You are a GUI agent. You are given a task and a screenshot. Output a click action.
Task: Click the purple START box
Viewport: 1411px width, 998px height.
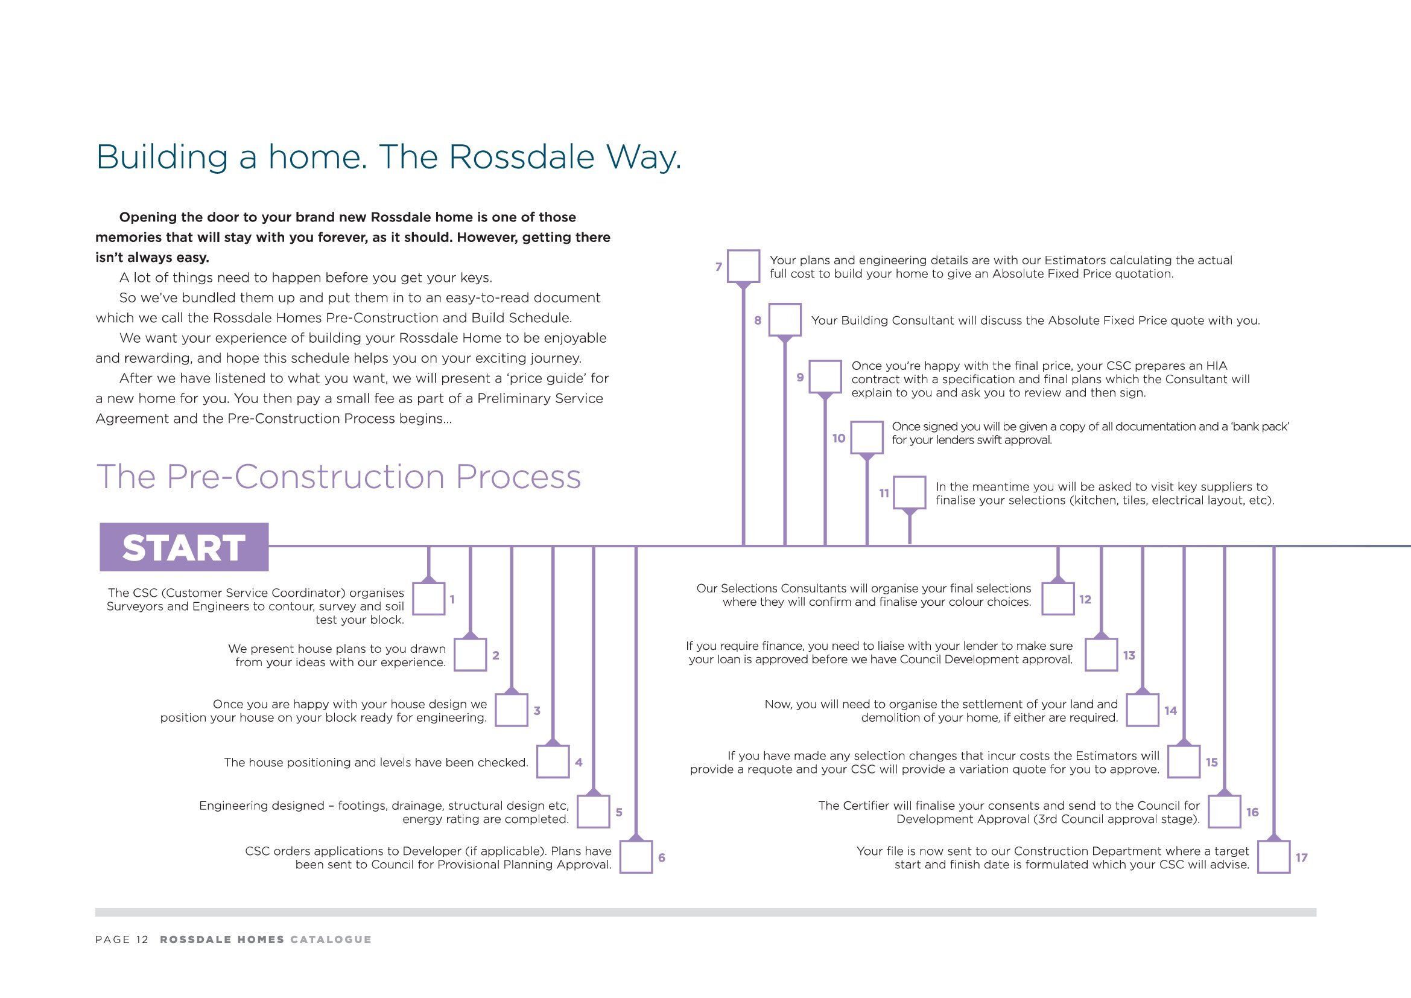[184, 547]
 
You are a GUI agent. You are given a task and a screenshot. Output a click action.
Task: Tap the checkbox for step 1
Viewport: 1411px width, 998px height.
[428, 599]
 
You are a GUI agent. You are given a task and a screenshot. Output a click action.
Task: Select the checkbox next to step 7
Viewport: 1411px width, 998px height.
[743, 266]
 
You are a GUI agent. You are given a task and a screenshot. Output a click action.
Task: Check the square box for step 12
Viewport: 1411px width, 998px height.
[1057, 599]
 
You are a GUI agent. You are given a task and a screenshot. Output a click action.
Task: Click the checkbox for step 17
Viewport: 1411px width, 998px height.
[1273, 857]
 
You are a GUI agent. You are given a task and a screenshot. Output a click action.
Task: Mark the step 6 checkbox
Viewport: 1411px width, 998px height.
[635, 857]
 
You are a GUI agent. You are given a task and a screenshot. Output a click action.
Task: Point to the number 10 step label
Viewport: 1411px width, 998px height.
[839, 438]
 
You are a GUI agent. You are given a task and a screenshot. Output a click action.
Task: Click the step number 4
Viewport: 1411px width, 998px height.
[579, 763]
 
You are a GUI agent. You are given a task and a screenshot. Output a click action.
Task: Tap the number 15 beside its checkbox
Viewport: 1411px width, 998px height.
[1211, 763]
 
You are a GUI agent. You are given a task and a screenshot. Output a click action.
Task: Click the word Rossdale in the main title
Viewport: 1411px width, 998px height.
[521, 157]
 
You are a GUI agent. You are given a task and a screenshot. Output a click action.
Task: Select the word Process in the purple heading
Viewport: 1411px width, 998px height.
[518, 477]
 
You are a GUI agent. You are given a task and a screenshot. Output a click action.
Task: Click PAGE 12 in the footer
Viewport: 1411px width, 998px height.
[122, 939]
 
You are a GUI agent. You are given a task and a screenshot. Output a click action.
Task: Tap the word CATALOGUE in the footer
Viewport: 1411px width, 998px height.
[331, 939]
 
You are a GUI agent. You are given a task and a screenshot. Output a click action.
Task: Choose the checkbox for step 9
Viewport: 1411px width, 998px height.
[825, 376]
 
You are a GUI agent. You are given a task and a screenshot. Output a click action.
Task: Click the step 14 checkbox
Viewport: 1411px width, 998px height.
[1142, 710]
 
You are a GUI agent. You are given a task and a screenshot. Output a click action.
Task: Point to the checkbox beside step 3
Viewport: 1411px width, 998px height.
[512, 710]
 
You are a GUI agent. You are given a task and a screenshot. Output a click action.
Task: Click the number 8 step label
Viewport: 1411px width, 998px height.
[758, 320]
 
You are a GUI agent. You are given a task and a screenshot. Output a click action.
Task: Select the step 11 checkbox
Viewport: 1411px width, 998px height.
[909, 492]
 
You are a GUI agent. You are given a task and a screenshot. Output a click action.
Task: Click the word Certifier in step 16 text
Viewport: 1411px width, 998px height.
[865, 806]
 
